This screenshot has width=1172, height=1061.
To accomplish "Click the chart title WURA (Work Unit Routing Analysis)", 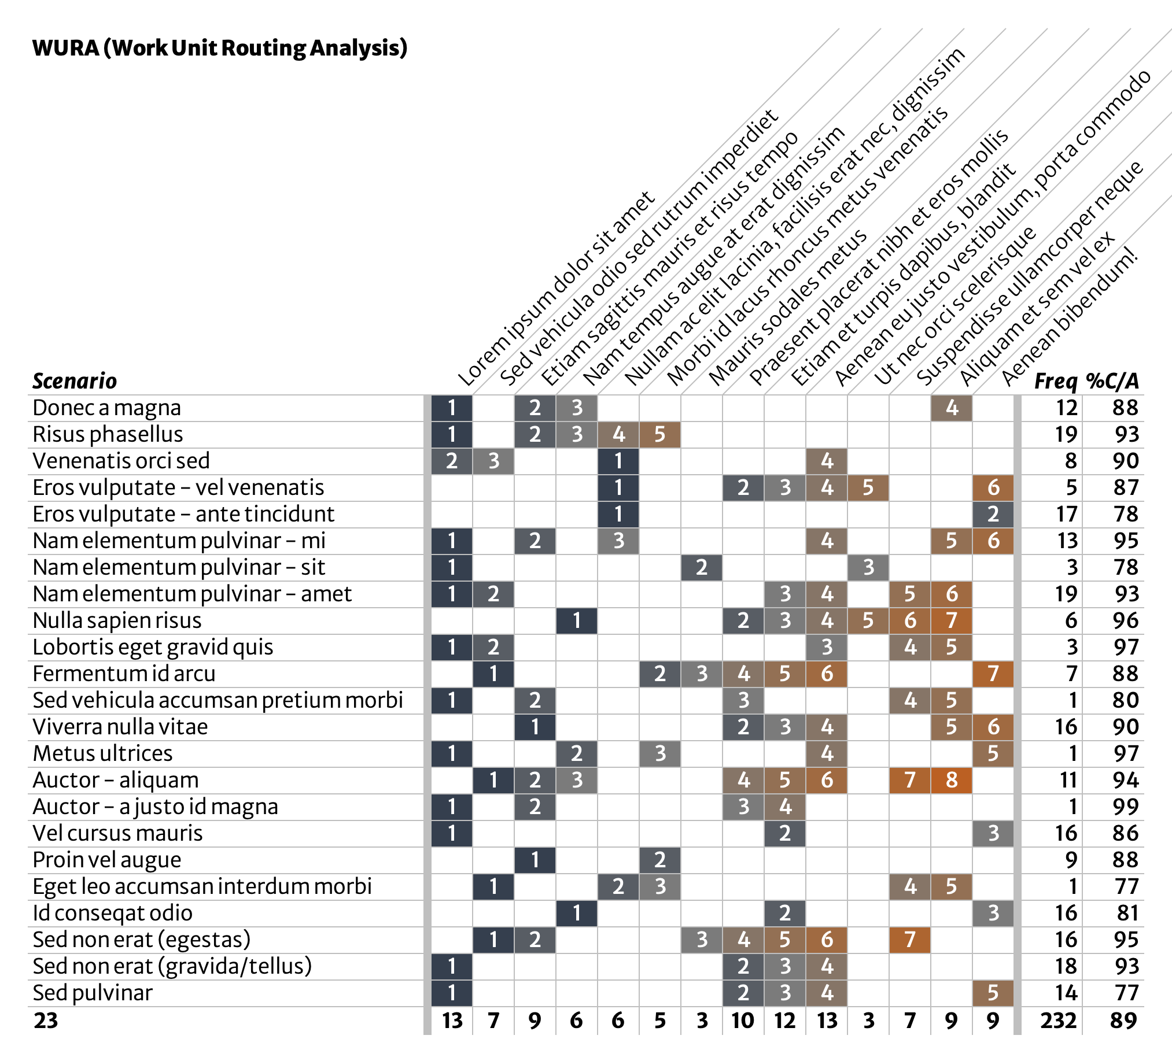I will point(219,47).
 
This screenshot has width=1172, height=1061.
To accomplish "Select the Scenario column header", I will point(75,381).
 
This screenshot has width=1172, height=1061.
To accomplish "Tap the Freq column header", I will point(1055,381).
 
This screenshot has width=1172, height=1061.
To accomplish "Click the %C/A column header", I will point(1112,381).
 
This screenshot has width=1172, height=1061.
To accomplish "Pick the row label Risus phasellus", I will point(108,435).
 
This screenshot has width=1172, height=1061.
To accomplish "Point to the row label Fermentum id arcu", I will point(124,674).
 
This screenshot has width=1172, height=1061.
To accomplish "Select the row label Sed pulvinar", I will point(93,993).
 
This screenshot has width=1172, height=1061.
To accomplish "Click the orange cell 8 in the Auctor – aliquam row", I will point(951,781).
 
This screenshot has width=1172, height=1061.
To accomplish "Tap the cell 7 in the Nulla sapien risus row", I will point(951,620).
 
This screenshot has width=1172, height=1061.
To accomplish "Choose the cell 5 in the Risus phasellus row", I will point(659,435).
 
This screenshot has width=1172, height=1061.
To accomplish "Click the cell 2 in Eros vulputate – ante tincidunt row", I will point(993,514).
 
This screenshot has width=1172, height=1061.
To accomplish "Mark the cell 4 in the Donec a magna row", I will point(951,408).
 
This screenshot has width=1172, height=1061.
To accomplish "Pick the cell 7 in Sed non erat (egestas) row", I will point(910,940).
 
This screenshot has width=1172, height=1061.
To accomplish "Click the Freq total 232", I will point(1058,1021).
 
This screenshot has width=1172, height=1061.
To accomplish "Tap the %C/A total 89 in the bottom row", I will point(1123,1021).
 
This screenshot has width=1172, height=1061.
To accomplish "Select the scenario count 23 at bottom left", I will point(46,1021).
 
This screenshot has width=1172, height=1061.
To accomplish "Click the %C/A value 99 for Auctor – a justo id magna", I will point(1126,807).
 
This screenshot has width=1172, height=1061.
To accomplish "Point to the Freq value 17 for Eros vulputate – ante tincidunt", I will point(1066,514).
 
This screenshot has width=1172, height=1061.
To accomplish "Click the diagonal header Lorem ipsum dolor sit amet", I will point(556,290).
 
